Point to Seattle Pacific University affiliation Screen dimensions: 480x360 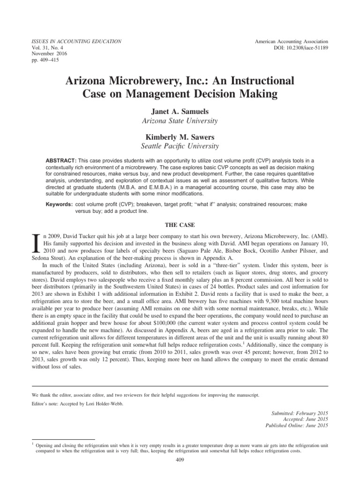180,147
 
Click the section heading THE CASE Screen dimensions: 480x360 180,225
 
